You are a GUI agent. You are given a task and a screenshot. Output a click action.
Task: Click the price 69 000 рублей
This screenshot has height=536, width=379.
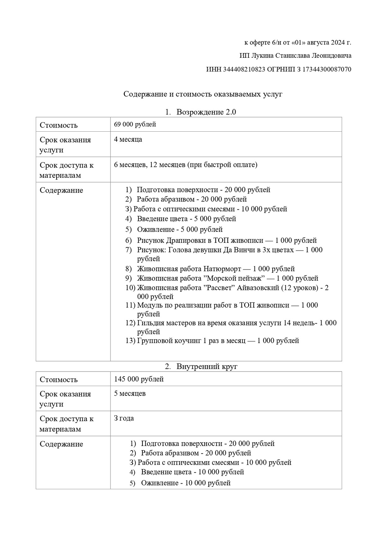coord(135,124)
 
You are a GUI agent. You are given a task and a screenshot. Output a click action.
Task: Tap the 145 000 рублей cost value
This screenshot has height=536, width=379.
coord(139,379)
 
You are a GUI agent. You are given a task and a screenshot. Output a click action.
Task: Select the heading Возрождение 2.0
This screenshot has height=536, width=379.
coord(206,112)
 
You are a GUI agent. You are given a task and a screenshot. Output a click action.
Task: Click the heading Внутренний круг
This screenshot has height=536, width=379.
coord(207,366)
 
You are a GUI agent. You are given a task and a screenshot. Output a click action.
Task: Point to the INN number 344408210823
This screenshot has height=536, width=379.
coord(244,69)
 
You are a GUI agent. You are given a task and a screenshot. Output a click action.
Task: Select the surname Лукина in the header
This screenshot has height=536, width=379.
coord(262,56)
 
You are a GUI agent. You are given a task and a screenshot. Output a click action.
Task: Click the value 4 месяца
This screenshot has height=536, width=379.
coord(128,140)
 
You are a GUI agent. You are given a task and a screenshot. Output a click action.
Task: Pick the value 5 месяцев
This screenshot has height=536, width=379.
coord(130,394)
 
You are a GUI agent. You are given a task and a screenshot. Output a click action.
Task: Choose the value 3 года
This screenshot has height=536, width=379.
coord(124,418)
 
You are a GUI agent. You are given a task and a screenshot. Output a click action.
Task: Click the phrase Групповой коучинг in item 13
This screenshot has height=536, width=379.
coord(168,341)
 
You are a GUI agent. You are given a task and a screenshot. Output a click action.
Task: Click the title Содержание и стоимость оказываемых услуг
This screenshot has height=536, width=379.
coord(203,94)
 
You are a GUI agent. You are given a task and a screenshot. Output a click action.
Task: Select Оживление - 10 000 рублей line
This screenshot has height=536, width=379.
coord(186,483)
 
